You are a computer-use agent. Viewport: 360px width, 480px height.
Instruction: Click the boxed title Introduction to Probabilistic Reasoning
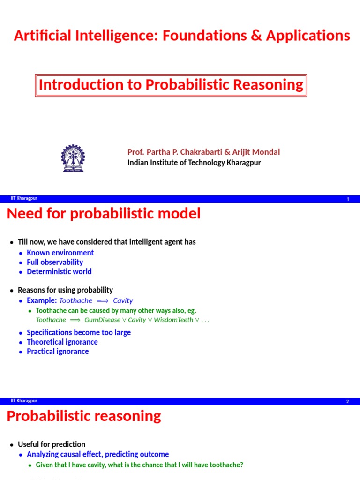pos(171,85)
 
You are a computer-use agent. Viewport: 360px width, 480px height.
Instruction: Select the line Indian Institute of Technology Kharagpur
pos(194,163)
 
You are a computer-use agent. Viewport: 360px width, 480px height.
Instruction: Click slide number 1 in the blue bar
pos(348,199)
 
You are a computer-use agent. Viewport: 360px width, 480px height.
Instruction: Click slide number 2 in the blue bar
pos(348,402)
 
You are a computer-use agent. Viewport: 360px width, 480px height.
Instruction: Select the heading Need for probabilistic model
pos(104,214)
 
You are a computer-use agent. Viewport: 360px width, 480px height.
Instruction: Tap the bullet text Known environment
pos(60,253)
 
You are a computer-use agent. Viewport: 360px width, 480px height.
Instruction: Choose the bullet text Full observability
pos(55,262)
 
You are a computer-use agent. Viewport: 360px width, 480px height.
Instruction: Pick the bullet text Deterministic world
pos(59,271)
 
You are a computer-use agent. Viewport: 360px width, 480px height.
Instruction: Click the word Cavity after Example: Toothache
pos(123,301)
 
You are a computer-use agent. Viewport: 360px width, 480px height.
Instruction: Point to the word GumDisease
pos(102,320)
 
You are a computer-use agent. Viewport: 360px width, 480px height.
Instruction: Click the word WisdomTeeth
pos(174,320)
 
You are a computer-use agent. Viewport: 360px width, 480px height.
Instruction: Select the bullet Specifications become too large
pos(79,332)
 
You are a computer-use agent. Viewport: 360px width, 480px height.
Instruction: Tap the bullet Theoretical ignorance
pos(62,342)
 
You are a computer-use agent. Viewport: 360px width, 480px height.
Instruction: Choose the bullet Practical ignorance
pos(58,352)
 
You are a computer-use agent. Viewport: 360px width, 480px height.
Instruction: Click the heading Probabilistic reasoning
pos(84,416)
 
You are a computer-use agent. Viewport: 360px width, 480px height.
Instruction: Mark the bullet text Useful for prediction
pos(52,444)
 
